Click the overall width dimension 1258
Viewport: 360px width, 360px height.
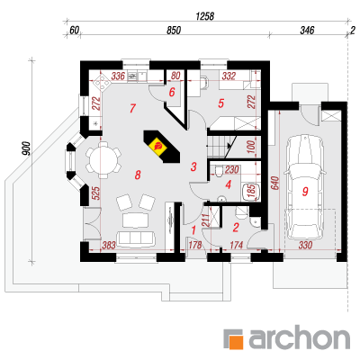pyautogui.click(x=205, y=16)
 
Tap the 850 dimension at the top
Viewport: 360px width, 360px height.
pyautogui.click(x=174, y=31)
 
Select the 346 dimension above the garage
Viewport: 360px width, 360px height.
pyautogui.click(x=307, y=30)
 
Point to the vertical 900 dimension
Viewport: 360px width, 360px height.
pyautogui.click(x=26, y=148)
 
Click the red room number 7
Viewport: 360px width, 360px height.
pyautogui.click(x=133, y=108)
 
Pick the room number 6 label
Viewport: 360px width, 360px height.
pyautogui.click(x=172, y=92)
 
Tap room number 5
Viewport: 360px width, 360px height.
pyautogui.click(x=220, y=103)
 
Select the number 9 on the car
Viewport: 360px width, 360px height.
pyautogui.click(x=305, y=191)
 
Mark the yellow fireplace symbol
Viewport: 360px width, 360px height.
pyautogui.click(x=157, y=146)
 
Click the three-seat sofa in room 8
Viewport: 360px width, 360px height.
pyautogui.click(x=136, y=238)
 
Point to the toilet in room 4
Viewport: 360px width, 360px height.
pyautogui.click(x=219, y=170)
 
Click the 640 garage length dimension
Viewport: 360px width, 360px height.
pyautogui.click(x=275, y=183)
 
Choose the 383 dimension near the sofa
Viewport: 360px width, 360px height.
pyautogui.click(x=108, y=245)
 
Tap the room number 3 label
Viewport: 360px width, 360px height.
pyautogui.click(x=193, y=166)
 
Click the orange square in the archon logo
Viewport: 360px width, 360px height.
pyautogui.click(x=236, y=341)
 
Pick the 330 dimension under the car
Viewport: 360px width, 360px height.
pyautogui.click(x=305, y=245)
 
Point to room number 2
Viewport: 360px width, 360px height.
pyautogui.click(x=236, y=228)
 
